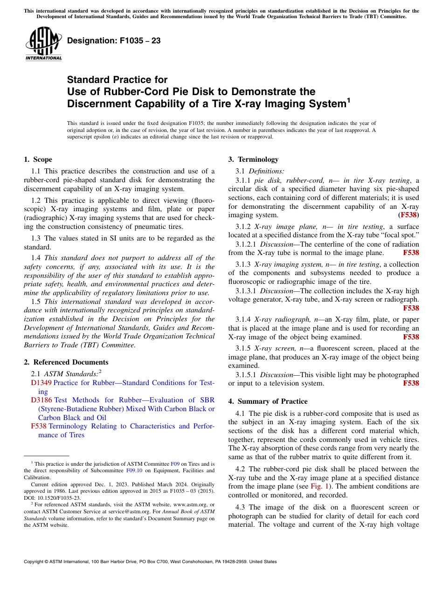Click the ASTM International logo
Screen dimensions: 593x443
coord(43,44)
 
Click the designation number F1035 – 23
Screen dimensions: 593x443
coord(114,41)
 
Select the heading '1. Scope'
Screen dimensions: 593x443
coord(38,159)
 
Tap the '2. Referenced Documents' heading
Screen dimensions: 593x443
coord(66,362)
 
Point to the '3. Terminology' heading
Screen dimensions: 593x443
coord(253,159)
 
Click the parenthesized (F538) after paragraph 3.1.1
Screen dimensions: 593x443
coord(409,215)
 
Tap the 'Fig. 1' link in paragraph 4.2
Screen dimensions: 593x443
coord(319,486)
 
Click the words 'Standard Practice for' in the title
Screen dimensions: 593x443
coord(117,80)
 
